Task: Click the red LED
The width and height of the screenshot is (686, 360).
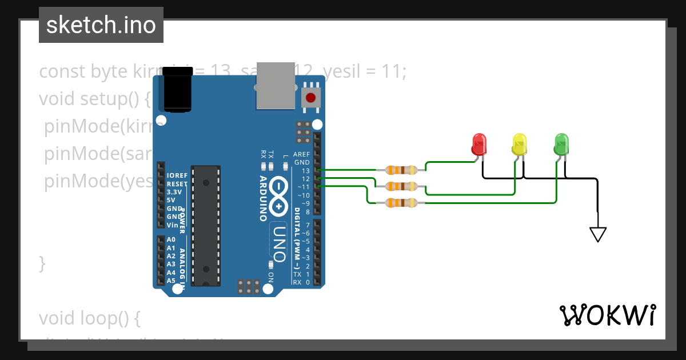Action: pos(479,143)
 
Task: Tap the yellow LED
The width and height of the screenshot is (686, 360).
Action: pos(519,143)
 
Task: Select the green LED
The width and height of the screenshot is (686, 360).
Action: pos(562,143)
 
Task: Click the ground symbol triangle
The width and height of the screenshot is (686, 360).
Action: pos(597,234)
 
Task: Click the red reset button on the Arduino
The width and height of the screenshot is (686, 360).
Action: pos(311,98)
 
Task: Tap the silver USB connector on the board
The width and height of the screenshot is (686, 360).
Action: pos(276,86)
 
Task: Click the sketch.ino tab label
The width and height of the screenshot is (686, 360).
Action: pos(101,25)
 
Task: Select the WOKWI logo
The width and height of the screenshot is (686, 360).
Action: pos(607,315)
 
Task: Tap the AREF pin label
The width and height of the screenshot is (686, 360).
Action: pos(301,154)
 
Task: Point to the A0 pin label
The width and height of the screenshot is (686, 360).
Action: pos(171,239)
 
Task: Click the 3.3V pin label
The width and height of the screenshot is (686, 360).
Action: pos(173,192)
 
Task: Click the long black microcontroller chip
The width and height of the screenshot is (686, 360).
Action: pos(205,225)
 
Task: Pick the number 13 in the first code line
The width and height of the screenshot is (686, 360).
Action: pos(220,71)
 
